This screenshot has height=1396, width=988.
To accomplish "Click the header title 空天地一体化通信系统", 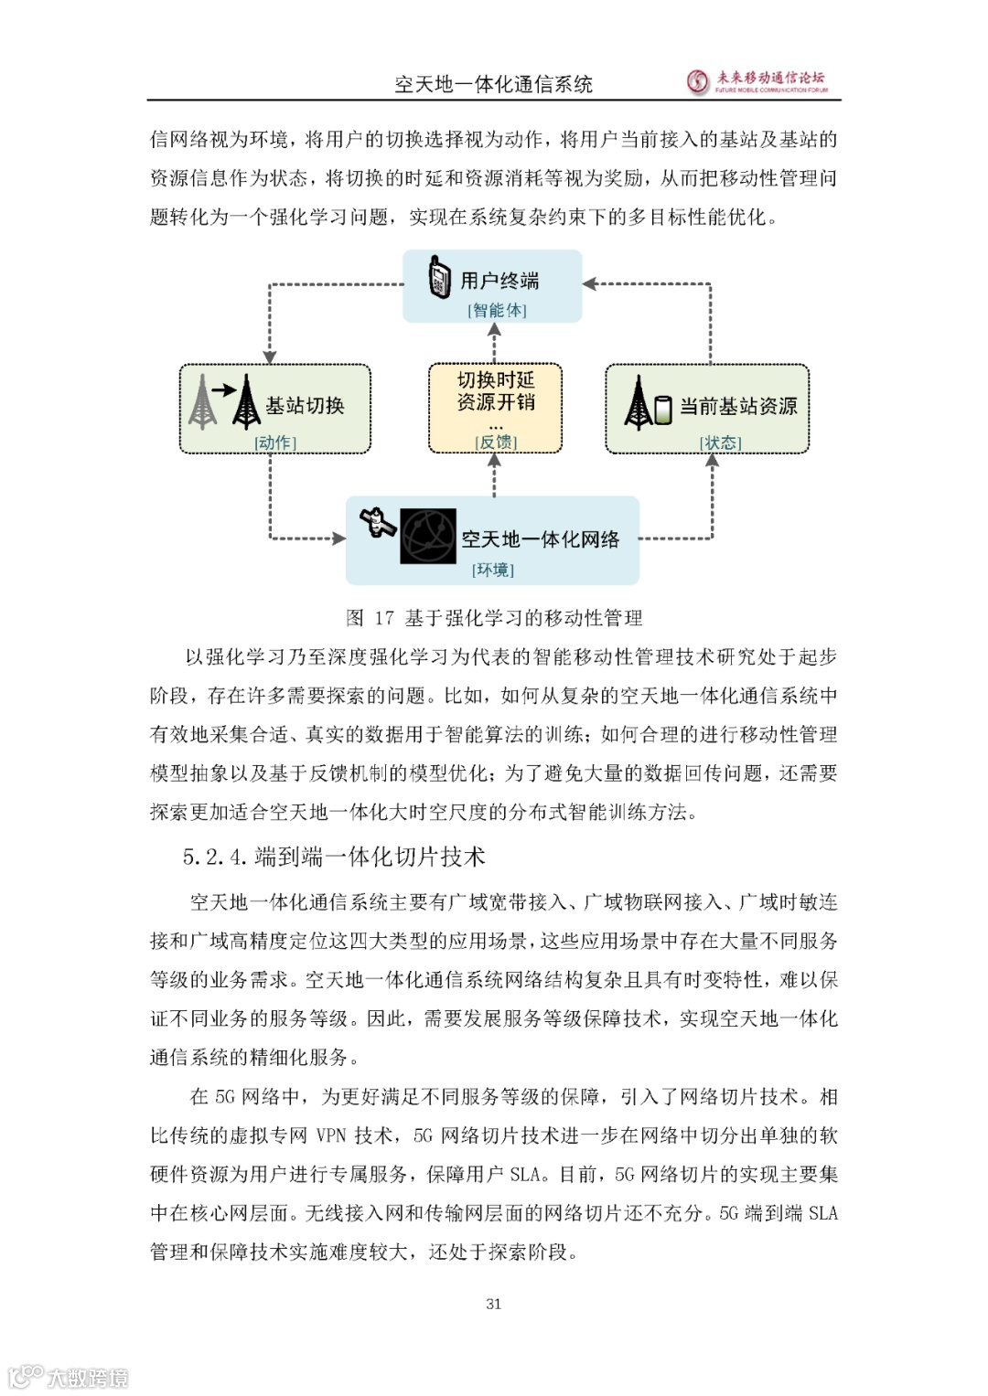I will coord(493,85).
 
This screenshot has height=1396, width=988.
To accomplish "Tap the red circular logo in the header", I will coord(699,82).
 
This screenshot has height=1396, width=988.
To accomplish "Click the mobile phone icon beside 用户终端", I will coord(440,278).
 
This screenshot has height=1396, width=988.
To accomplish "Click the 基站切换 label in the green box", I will coord(305,405).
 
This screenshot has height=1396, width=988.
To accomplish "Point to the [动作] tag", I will coord(275,442).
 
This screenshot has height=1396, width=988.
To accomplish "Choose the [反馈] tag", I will coord(496,442).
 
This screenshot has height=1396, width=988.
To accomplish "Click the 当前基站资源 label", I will coord(738,406).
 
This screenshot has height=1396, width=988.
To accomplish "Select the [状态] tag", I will coord(720,442).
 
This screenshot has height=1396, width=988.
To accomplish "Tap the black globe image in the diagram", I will coord(427,537).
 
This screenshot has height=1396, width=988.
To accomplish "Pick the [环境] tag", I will coord(493,570).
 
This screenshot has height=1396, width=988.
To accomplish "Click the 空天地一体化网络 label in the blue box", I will coord(540,539).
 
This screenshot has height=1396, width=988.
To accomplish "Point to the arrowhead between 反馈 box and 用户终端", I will coord(494,330).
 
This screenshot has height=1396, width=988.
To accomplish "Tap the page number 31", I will coord(494,1304).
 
